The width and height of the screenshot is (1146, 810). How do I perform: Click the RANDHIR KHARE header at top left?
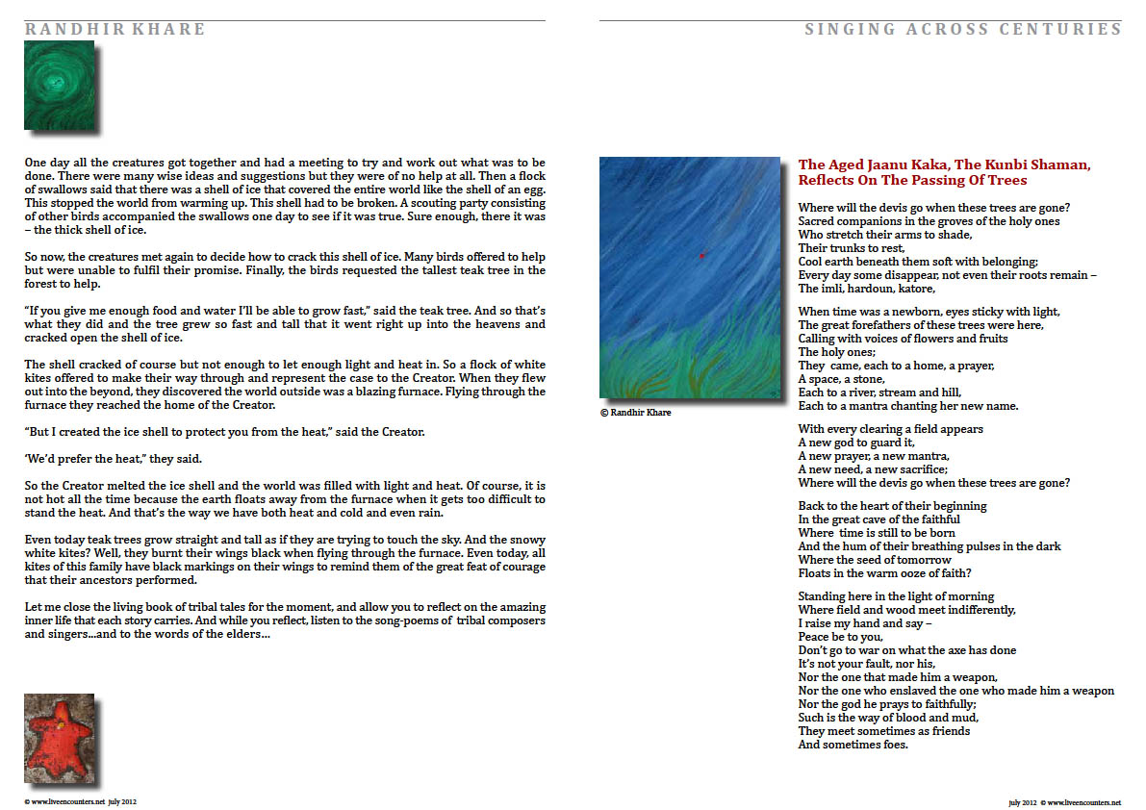(x=115, y=29)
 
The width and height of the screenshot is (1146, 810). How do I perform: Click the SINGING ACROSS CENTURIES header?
(x=962, y=29)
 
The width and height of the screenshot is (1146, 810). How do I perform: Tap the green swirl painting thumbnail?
(x=59, y=85)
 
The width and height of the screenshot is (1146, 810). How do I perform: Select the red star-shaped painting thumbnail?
(x=59, y=737)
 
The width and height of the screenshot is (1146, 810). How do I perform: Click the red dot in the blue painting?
(x=702, y=255)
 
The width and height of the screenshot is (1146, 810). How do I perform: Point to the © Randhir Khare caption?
(x=636, y=412)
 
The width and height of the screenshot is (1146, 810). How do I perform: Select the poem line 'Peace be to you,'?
(x=840, y=637)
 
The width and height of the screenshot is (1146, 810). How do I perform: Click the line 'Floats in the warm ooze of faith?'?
(x=882, y=573)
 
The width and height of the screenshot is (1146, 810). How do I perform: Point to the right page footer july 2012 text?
(x=1023, y=801)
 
